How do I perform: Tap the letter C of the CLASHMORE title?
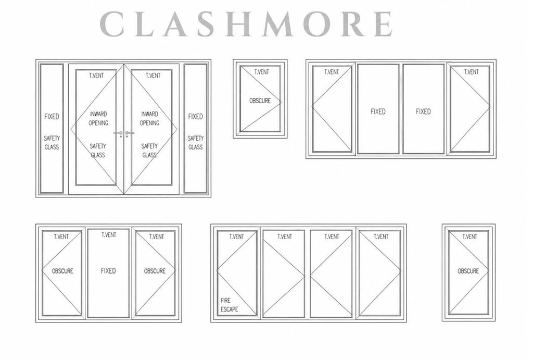112,24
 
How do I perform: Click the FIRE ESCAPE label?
230,305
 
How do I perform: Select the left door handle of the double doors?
118,133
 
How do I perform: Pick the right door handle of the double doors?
129,133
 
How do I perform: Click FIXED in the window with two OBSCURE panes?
108,271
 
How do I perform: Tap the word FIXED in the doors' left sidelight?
52,116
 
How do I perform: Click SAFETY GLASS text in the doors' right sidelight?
196,143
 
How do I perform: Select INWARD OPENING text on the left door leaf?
98,118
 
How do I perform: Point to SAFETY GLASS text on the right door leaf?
149,151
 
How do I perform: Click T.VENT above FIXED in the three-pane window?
109,235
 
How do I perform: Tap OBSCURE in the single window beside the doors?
260,101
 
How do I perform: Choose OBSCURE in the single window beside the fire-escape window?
468,271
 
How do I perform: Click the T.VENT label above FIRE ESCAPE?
237,237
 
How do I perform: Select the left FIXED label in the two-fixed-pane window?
378,111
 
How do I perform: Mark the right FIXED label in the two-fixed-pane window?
424,111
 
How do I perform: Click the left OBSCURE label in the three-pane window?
62,271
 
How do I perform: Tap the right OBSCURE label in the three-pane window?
155,271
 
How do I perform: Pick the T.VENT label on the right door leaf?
153,76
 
